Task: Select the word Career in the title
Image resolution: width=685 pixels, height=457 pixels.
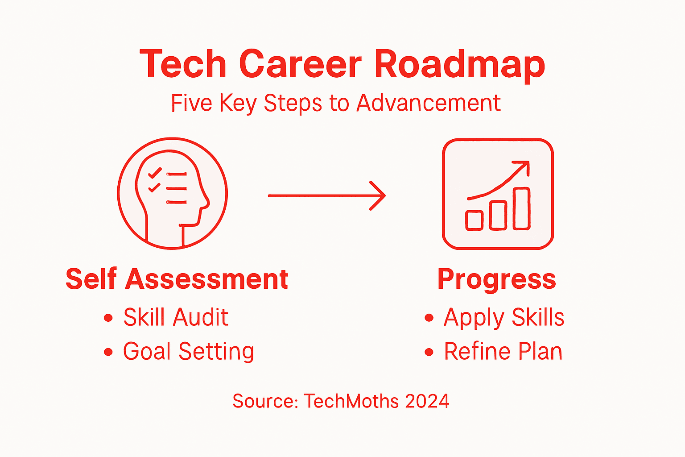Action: click(300, 64)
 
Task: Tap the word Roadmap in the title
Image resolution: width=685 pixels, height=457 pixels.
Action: click(459, 65)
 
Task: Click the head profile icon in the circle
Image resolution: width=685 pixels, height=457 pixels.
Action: click(172, 193)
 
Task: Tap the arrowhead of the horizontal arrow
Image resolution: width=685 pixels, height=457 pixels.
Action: click(379, 195)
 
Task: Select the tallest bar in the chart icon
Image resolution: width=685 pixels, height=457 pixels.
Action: click(521, 208)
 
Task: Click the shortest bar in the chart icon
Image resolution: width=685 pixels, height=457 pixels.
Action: click(474, 220)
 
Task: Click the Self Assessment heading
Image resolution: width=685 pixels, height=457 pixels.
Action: click(177, 279)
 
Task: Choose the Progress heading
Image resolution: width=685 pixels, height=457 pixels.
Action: click(496, 279)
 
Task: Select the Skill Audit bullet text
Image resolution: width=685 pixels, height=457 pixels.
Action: click(176, 317)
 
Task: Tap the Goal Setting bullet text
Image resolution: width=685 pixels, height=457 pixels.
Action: click(188, 351)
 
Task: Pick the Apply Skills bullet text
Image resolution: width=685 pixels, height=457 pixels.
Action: click(503, 318)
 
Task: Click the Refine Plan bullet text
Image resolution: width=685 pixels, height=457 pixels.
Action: click(503, 351)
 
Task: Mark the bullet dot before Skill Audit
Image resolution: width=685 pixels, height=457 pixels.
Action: click(108, 318)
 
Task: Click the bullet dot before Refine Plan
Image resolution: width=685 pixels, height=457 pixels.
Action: click(429, 352)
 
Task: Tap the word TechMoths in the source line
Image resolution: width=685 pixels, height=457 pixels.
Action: click(351, 401)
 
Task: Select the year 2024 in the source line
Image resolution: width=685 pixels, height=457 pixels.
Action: click(427, 401)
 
